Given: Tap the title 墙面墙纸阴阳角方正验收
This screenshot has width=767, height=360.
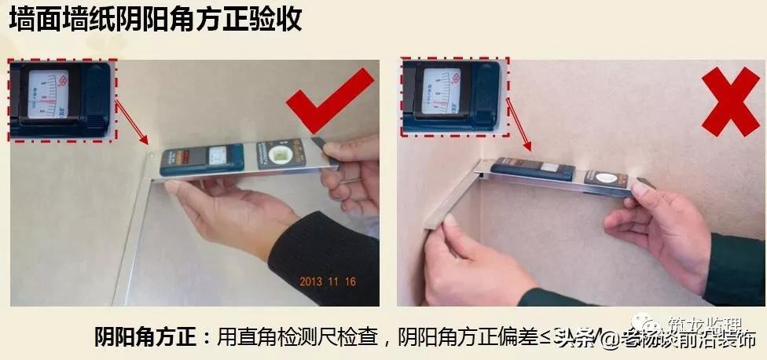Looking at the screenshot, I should [x=155, y=20].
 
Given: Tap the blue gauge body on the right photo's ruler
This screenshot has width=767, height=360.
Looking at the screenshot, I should [x=530, y=170].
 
